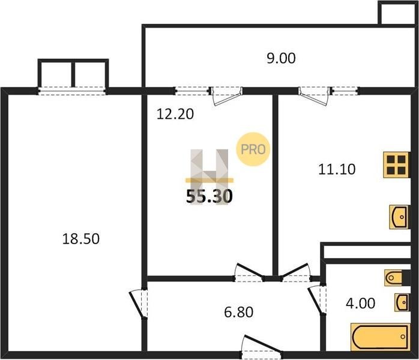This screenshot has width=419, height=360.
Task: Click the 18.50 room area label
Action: (81, 239)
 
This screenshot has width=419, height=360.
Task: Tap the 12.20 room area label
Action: (175, 114)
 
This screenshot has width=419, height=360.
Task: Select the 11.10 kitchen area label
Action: (337, 169)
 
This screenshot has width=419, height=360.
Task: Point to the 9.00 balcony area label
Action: (281, 58)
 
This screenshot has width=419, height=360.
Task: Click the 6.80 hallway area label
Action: (239, 312)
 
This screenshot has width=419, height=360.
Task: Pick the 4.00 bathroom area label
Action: (361, 304)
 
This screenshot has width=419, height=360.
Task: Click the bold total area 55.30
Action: (209, 196)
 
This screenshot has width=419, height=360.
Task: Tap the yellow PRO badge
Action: (253, 149)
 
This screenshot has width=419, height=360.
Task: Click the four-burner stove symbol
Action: (396, 165)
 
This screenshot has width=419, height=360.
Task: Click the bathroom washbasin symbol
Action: (402, 302)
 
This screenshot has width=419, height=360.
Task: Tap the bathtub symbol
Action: (380, 337)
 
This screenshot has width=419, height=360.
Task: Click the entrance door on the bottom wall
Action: (262, 347)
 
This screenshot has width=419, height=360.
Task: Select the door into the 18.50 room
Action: (139, 304)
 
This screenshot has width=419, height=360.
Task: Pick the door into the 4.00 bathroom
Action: (317, 300)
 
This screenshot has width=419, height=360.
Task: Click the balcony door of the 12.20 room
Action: (226, 95)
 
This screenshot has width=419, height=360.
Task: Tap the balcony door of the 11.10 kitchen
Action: (315, 95)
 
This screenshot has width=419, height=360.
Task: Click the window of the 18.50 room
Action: (72, 91)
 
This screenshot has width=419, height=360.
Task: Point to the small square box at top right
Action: (398, 13)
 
